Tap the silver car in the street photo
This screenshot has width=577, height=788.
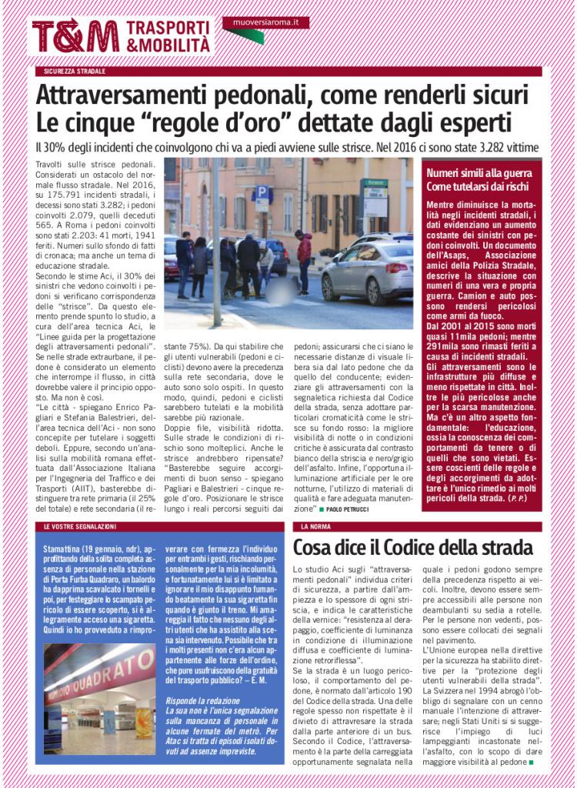(367, 269)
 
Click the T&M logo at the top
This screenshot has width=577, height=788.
(75, 35)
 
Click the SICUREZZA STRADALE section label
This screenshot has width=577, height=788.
(75, 71)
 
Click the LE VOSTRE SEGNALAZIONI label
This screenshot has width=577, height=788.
(81, 526)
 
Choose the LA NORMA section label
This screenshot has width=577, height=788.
(315, 526)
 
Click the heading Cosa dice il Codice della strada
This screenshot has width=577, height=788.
(413, 548)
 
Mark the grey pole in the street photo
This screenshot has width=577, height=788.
(216, 239)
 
